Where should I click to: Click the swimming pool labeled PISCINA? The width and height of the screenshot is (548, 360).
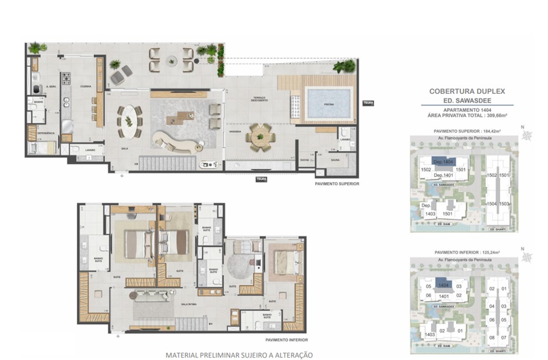(x=329, y=104)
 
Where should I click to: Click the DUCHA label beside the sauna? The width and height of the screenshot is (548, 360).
(x=303, y=159)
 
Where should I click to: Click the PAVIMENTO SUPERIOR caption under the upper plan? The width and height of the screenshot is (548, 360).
(x=337, y=184)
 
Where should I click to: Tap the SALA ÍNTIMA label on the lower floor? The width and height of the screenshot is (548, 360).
(x=188, y=304)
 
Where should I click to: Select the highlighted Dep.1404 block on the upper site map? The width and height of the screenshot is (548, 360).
(x=442, y=161)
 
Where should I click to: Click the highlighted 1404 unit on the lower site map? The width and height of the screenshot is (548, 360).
(x=443, y=285)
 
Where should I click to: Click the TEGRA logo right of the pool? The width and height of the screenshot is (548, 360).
(x=368, y=103)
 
